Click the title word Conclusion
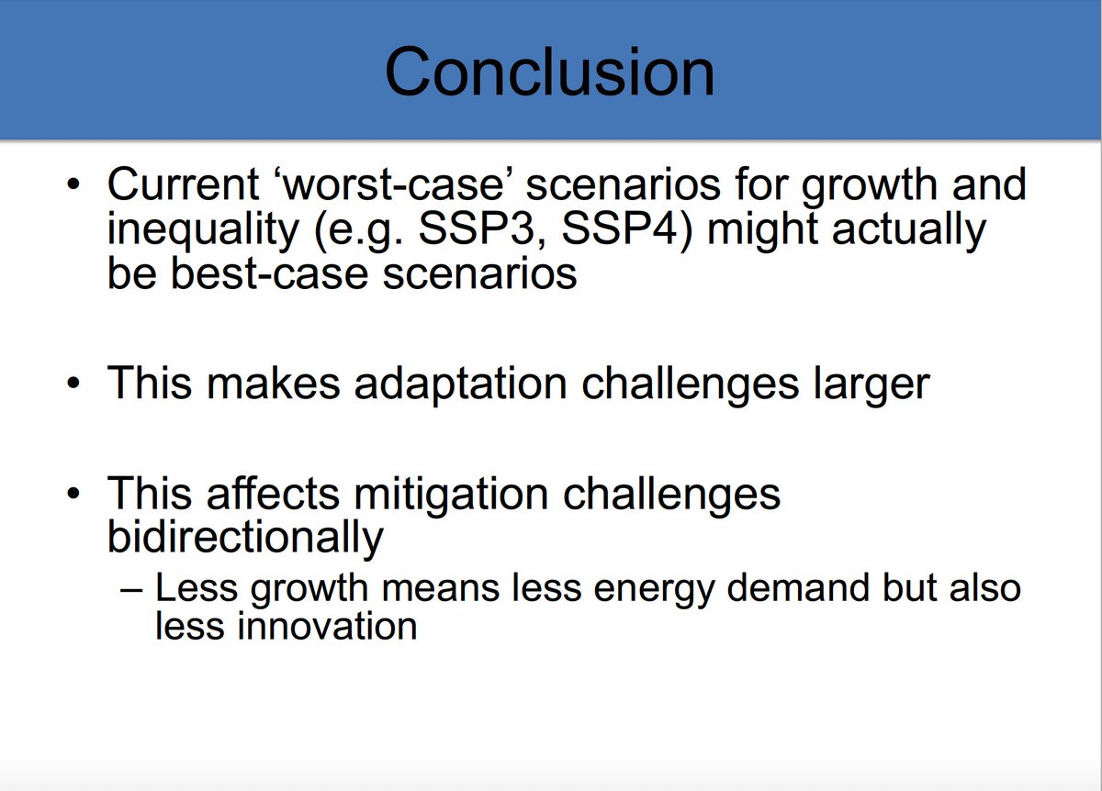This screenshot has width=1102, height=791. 549,72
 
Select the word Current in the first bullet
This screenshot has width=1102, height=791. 184,184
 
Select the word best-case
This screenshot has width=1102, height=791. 270,273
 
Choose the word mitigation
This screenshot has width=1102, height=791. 451,495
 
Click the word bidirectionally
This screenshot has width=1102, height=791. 245,539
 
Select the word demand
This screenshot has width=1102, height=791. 797,588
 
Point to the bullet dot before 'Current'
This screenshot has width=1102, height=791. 73,184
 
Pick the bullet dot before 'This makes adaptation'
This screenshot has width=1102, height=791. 73,383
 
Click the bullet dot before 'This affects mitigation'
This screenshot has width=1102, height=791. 73,493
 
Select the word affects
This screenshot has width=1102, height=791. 273,493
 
